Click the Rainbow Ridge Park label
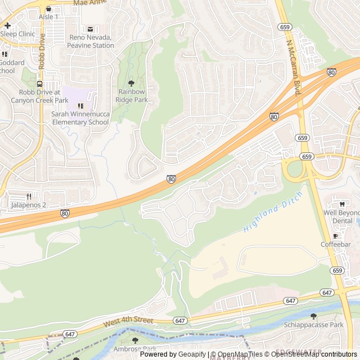pyautogui.click(x=131, y=96)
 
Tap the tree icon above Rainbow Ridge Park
pyautogui.click(x=132, y=83)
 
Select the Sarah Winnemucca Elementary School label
pyautogui.click(x=79, y=118)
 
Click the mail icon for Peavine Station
pyautogui.click(x=90, y=29)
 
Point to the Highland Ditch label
pyautogui.click(x=273, y=212)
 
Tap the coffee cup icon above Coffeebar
pyautogui.click(x=336, y=235)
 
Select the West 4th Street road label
pyautogui.click(x=128, y=321)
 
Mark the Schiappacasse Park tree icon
pyautogui.click(x=313, y=316)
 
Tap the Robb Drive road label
pyautogui.click(x=42, y=51)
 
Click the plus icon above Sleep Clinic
pyautogui.click(x=8, y=25)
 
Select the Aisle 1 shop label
pyautogui.click(x=48, y=17)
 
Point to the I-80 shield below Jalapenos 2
pyautogui.click(x=65, y=213)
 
